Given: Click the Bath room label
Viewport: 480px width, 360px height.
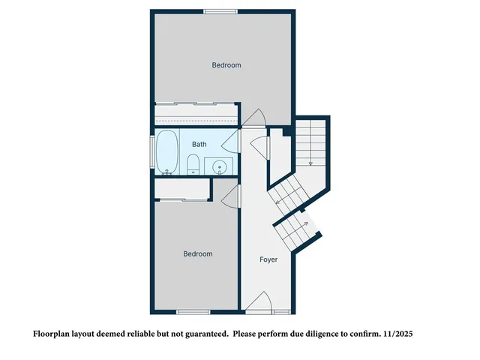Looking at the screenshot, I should [199, 144].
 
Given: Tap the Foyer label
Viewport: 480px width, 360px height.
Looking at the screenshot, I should [268, 259].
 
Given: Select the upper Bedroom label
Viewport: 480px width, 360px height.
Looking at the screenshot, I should [226, 65].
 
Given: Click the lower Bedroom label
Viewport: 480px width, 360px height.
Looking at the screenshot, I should [198, 254].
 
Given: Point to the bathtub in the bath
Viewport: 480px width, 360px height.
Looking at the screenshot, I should [166, 152].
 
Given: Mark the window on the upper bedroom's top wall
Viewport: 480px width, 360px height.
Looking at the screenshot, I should [220, 10].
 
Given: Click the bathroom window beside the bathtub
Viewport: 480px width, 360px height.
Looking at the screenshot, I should [153, 153].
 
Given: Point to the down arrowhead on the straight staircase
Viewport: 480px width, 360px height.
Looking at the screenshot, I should [310, 163].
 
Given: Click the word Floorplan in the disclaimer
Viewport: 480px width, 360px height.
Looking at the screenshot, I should [55, 332].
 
